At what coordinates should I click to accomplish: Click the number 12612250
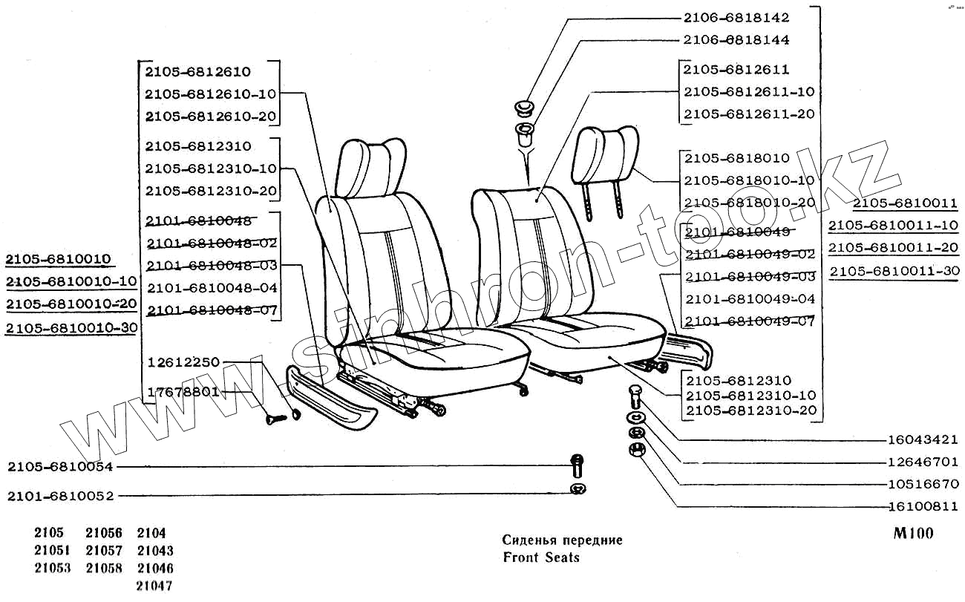coord(183,362)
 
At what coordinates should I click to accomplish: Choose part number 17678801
coord(183,391)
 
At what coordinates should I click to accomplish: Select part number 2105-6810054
coord(60,467)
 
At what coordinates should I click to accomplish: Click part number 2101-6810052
coord(60,496)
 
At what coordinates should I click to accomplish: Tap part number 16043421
coord(923,439)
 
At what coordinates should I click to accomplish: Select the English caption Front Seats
coord(540,557)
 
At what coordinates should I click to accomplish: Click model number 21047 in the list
coord(155,586)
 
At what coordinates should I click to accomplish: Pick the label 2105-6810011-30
coord(894,271)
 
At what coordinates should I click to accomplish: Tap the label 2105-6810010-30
coord(71,327)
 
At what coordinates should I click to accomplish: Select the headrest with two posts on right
coord(607,156)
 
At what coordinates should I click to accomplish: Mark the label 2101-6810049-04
coord(750,299)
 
